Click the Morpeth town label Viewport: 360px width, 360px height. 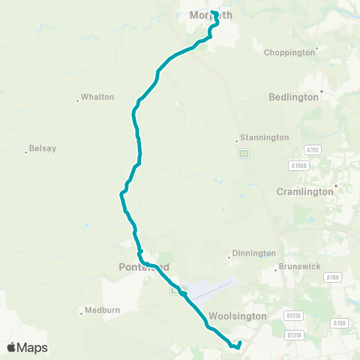[x=211, y=15]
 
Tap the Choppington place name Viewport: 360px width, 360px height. [x=289, y=52]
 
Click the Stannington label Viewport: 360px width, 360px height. [x=264, y=138]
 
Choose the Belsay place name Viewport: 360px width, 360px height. [x=42, y=148]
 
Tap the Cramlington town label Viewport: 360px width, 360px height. [x=306, y=191]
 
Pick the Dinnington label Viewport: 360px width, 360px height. [x=253, y=253]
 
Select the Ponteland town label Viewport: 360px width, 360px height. [x=144, y=267]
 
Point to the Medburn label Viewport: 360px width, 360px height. [x=103, y=309]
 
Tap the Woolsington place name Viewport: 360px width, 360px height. [x=238, y=316]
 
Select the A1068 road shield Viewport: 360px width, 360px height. [x=298, y=165]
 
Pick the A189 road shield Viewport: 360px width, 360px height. [x=334, y=277]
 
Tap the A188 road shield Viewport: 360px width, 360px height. [x=339, y=322]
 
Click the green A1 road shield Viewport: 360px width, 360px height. [x=243, y=153]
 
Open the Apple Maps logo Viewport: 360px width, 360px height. [x=27, y=347]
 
